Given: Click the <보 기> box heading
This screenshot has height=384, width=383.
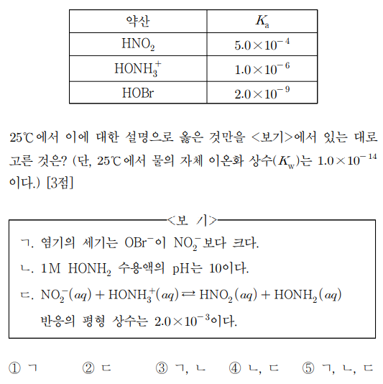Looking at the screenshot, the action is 191,219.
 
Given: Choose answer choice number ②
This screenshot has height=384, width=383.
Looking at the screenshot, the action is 88,368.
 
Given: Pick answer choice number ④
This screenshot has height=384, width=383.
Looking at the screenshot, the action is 236,368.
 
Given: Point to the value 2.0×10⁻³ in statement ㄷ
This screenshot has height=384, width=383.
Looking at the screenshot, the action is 183,319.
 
